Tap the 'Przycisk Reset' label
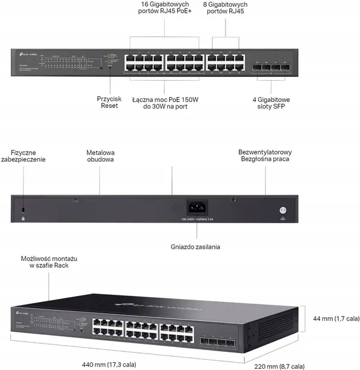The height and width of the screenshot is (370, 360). (110, 101)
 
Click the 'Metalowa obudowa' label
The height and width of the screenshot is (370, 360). (101, 155)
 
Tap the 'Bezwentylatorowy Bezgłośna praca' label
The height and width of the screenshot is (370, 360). (265, 155)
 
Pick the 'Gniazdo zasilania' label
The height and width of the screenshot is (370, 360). (195, 247)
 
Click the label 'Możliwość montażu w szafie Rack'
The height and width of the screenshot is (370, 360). (49, 262)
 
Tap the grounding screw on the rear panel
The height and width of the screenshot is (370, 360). (282, 210)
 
